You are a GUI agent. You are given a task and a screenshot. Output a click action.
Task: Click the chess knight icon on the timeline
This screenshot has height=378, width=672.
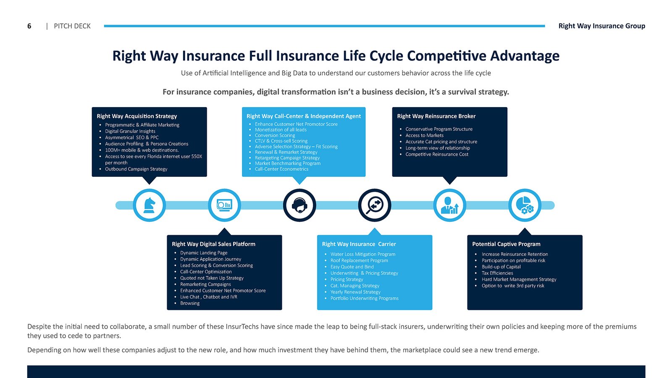pyautogui.click(x=149, y=205)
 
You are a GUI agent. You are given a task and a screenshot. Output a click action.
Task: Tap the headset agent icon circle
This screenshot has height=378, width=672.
pyautogui.click(x=299, y=205)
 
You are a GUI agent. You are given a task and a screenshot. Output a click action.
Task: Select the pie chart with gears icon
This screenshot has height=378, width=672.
pyautogui.click(x=525, y=205)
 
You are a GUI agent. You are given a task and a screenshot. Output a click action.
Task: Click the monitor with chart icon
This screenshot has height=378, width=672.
pyautogui.click(x=224, y=205)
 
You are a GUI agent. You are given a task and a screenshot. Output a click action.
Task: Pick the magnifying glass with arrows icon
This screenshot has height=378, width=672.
pyautogui.click(x=375, y=205)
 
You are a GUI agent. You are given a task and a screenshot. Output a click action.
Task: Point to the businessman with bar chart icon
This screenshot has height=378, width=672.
pyautogui.click(x=449, y=205)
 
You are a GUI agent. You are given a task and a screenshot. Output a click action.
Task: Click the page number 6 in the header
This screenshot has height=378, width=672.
pyautogui.click(x=29, y=26)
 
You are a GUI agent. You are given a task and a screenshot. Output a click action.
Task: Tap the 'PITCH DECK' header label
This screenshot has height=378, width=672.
pyautogui.click(x=72, y=26)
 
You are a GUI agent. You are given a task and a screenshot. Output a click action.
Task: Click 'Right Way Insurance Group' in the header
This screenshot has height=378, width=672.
pyautogui.click(x=601, y=26)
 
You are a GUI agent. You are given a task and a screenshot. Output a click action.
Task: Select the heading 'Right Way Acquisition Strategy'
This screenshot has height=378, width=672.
pyautogui.click(x=137, y=116)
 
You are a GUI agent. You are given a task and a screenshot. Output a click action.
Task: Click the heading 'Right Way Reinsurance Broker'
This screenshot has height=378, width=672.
pyautogui.click(x=436, y=116)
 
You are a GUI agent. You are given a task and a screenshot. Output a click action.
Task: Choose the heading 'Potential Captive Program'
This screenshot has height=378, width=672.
pyautogui.click(x=506, y=244)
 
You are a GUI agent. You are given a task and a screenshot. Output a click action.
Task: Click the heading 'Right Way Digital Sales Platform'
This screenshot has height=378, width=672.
pyautogui.click(x=213, y=244)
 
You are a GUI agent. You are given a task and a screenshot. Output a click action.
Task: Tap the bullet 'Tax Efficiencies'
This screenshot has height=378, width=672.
pyautogui.click(x=497, y=273)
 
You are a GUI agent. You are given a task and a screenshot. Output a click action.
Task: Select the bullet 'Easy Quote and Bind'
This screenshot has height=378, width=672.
pyautogui.click(x=352, y=267)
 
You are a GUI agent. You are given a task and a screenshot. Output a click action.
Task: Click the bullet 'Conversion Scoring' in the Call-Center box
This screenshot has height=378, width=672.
pyautogui.click(x=275, y=135)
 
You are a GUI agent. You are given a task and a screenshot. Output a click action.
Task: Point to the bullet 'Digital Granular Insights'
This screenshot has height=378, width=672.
pyautogui.click(x=130, y=131)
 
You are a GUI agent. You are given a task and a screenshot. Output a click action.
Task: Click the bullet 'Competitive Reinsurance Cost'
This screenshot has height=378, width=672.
pyautogui.click(x=437, y=154)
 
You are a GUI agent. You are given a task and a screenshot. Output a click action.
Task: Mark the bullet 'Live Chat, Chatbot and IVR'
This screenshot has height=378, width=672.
pyautogui.click(x=209, y=297)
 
